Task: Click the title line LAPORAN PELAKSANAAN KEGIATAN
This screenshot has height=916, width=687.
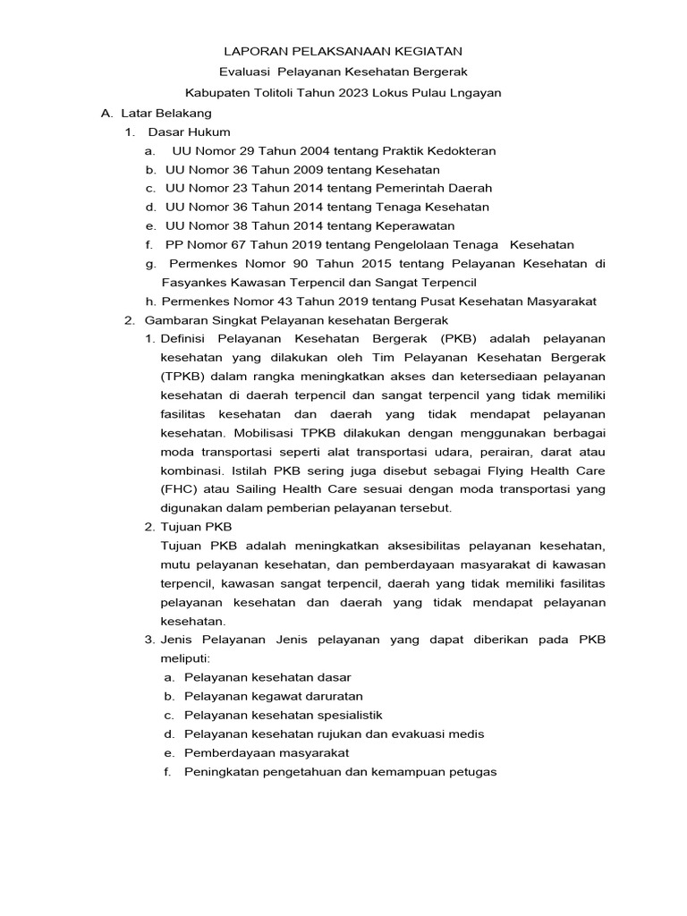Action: (x=343, y=53)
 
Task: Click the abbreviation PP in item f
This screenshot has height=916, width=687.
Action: (x=174, y=245)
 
